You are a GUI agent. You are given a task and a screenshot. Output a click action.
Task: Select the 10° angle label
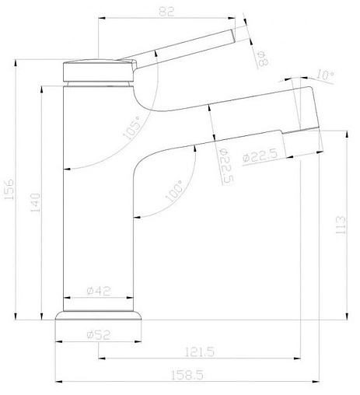pyautogui.click(x=327, y=75)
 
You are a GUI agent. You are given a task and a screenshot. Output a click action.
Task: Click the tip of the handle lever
pyautogui.click(x=232, y=39)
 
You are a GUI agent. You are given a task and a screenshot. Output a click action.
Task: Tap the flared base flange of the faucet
pyautogui.click(x=100, y=317)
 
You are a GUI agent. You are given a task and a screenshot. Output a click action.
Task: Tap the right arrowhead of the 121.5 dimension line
pyautogui.click(x=299, y=359)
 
